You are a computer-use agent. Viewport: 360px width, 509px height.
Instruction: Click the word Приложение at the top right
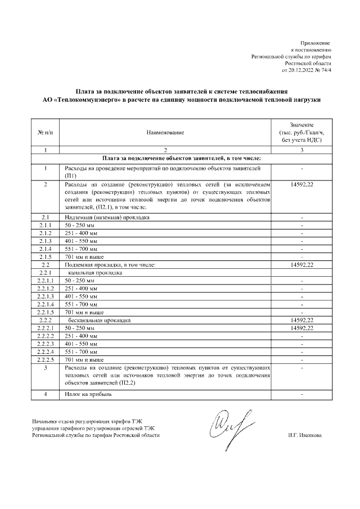coord(317,43)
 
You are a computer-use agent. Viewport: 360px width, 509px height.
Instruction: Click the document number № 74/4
coord(322,71)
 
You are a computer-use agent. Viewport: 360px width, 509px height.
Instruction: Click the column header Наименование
coord(165,132)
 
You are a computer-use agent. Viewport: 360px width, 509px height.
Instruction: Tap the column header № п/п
coord(45,132)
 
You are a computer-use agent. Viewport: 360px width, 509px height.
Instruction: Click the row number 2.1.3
coord(45,240)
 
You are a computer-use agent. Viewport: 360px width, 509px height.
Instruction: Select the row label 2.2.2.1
coord(45,328)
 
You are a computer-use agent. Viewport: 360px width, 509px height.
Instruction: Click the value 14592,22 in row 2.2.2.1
coord(302,328)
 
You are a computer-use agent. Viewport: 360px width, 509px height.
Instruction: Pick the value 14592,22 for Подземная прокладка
coord(302,264)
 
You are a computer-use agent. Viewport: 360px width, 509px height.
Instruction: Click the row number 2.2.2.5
coord(45,359)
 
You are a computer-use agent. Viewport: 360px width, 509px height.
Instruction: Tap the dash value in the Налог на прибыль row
coord(302,394)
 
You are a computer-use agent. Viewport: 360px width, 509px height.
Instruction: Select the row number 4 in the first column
coord(45,394)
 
